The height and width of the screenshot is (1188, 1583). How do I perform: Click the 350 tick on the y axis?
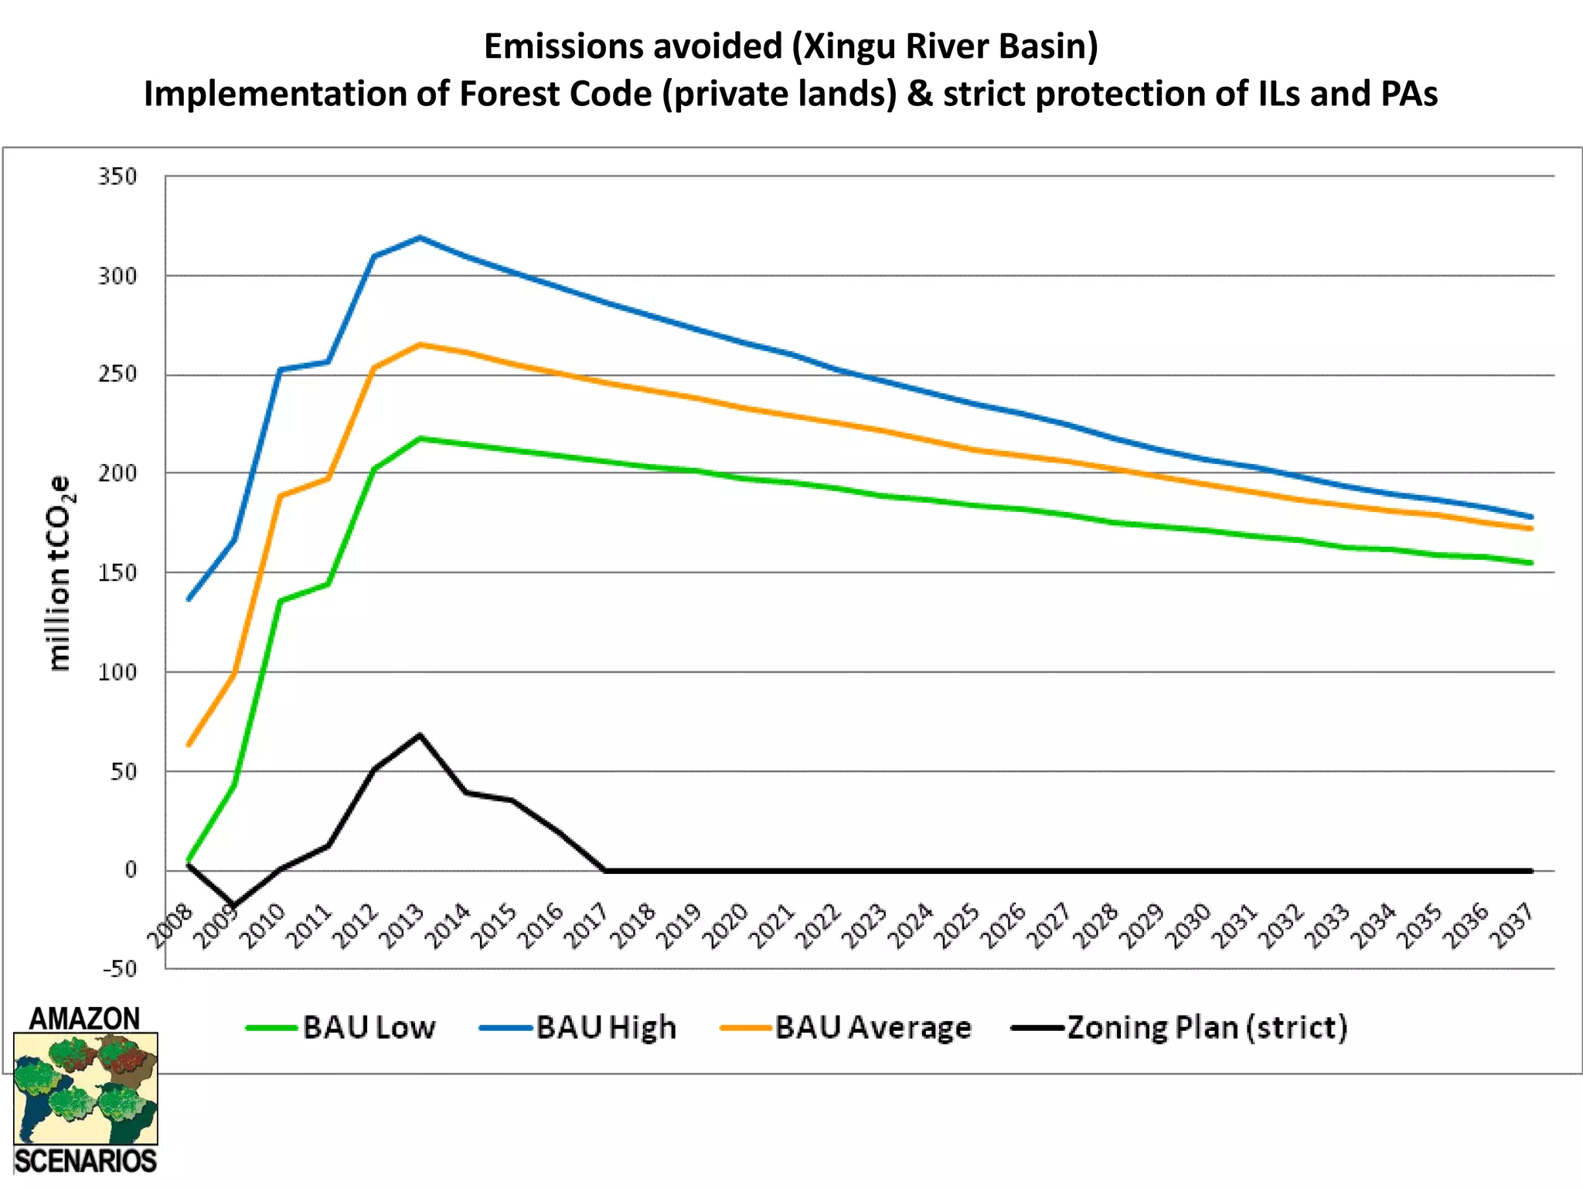click(117, 176)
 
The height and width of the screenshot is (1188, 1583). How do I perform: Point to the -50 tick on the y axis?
click(120, 968)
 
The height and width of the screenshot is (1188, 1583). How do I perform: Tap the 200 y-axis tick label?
click(117, 473)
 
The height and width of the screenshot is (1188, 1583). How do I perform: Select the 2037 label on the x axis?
click(1513, 927)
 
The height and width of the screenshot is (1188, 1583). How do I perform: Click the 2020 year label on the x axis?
click(728, 927)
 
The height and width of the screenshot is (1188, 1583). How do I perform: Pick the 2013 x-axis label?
click(404, 927)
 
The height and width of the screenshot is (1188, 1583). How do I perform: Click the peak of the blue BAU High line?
click(420, 237)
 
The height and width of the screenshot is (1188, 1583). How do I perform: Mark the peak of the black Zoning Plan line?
click(420, 734)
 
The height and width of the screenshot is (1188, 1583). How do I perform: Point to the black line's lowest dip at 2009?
click(233, 906)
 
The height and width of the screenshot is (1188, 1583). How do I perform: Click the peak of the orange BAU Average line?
click(420, 344)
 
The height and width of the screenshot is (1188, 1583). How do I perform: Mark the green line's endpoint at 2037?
click(1531, 563)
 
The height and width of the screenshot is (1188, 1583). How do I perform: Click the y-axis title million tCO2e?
click(60, 572)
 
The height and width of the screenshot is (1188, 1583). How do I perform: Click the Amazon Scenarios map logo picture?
click(86, 1089)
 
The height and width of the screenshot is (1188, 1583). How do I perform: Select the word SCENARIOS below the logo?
click(86, 1162)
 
